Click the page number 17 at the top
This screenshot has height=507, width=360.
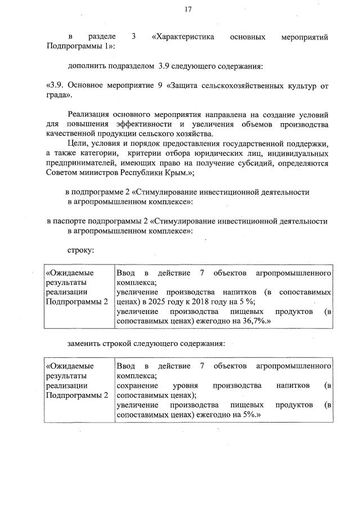tap(188, 9)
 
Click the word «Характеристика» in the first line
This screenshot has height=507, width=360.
tap(183, 37)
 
